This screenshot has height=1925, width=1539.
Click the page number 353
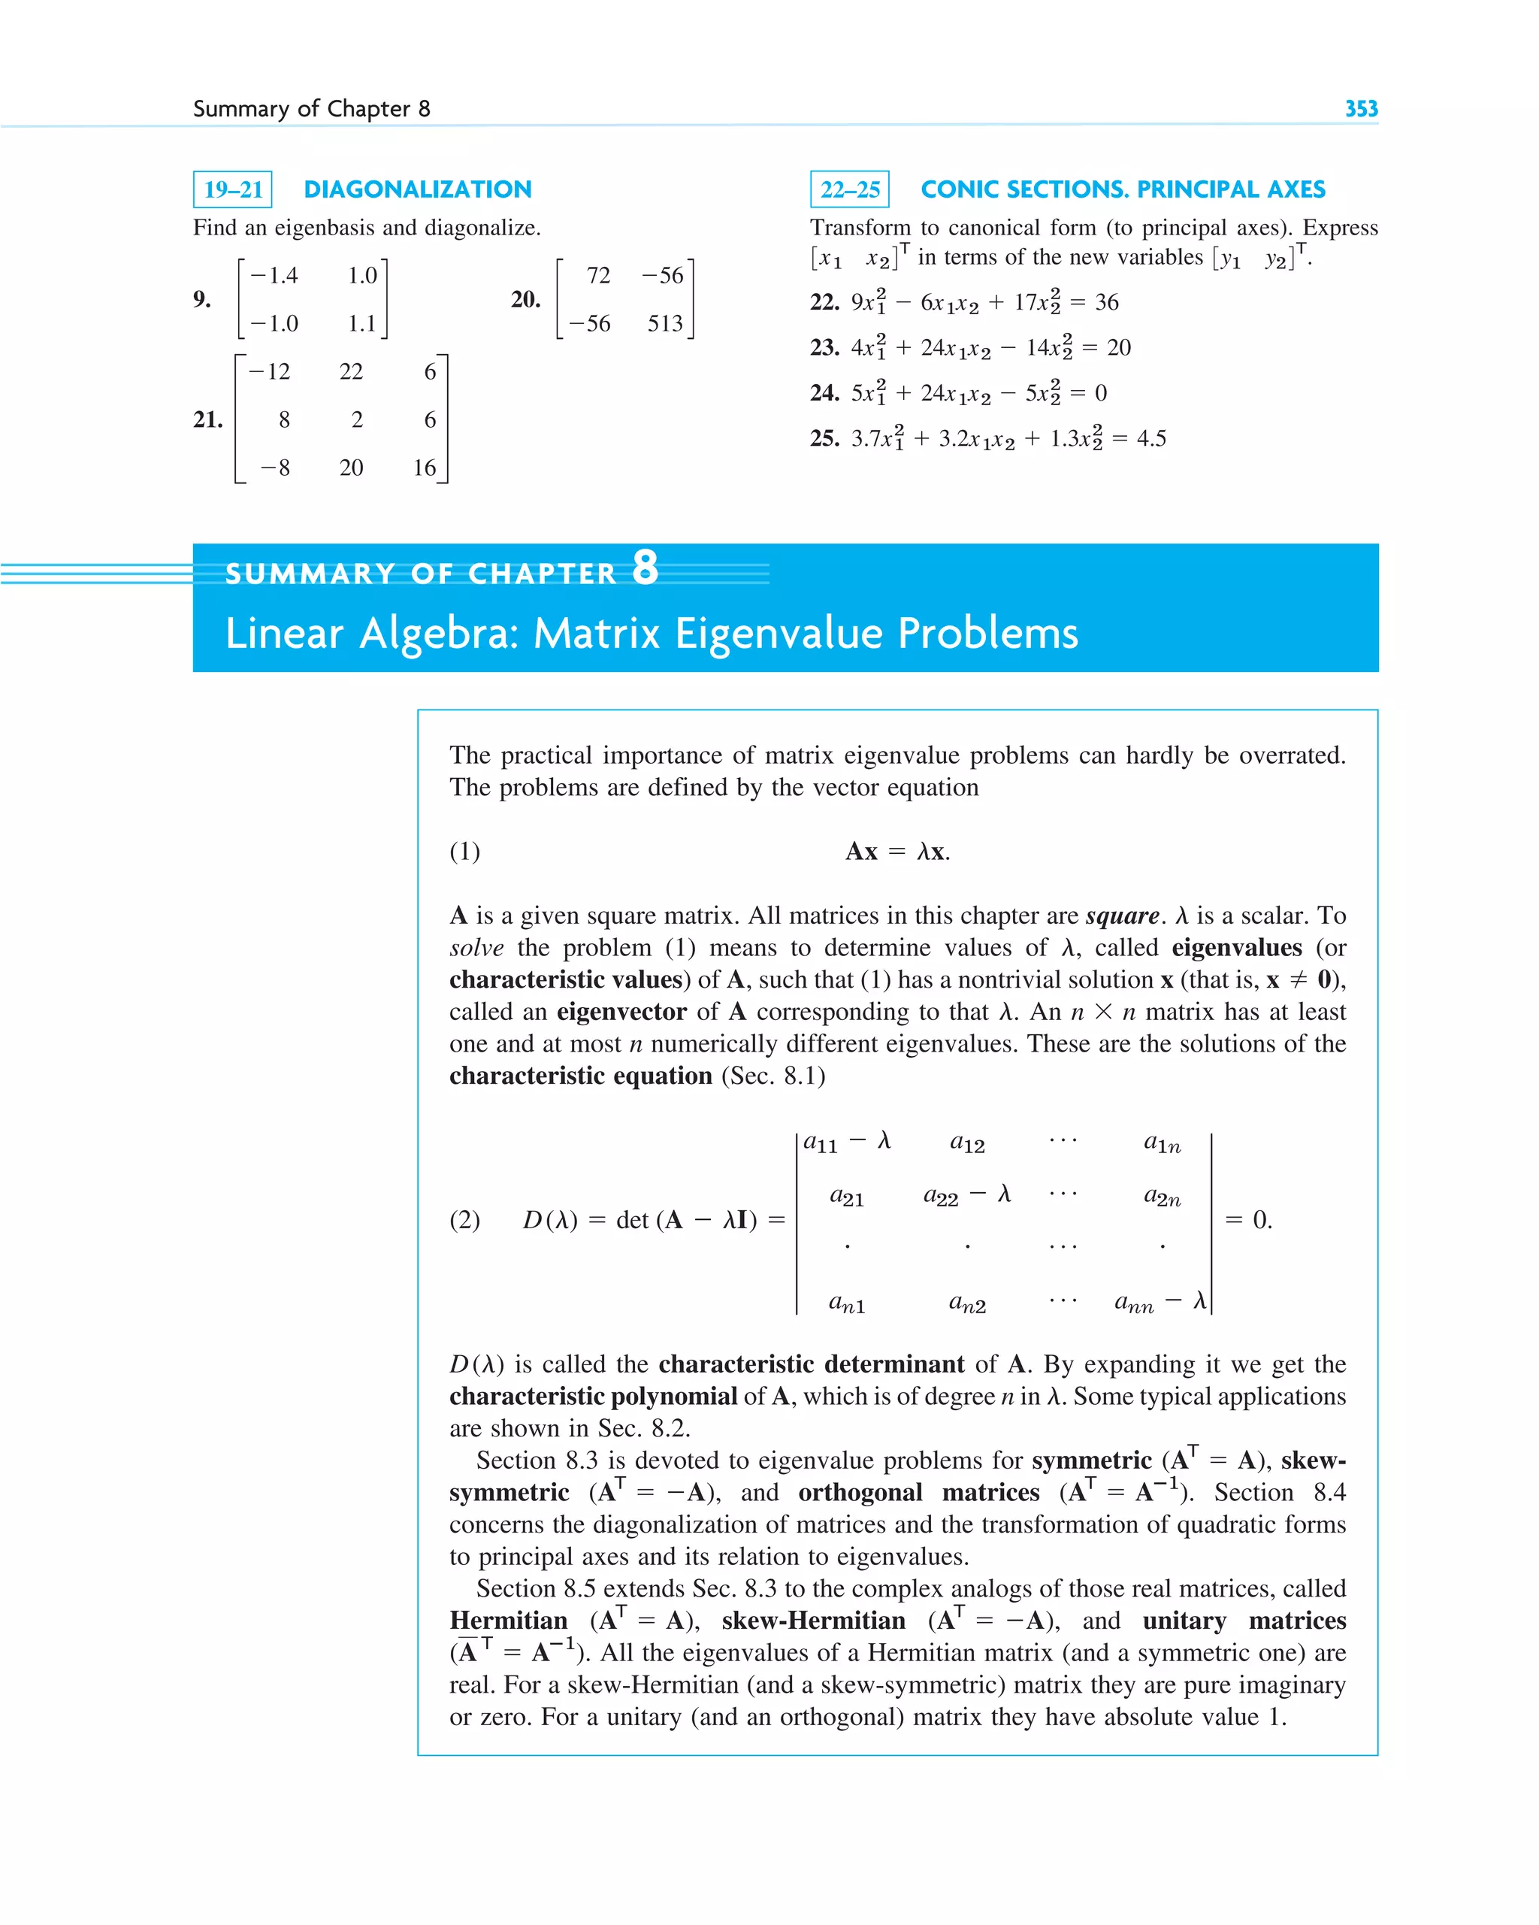click(x=1360, y=109)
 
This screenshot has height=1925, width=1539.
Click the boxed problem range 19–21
click(x=233, y=189)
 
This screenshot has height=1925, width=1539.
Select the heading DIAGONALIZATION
click(x=417, y=189)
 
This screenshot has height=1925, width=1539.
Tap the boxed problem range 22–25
click(x=849, y=189)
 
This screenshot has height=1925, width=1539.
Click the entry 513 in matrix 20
click(x=665, y=323)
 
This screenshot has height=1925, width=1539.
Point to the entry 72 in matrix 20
click(x=598, y=275)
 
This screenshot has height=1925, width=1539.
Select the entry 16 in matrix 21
click(x=425, y=468)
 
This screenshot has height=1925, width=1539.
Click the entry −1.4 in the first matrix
click(x=274, y=275)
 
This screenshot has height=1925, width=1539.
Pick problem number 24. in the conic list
click(x=824, y=393)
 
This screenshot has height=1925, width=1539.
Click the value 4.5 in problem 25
click(x=1151, y=438)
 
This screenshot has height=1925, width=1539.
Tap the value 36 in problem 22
click(x=1106, y=301)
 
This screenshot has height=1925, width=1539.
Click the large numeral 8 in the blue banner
click(x=645, y=568)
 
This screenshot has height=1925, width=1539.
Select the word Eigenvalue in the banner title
click(x=779, y=633)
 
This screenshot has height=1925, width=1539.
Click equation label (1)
click(x=464, y=851)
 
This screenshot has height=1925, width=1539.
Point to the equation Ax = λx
click(x=897, y=851)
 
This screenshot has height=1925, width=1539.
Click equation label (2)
click(x=464, y=1220)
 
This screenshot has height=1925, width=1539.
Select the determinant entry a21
click(x=846, y=1197)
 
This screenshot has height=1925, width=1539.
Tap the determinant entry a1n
click(x=1162, y=1143)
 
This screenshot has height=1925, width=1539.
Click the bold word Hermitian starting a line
click(x=508, y=1621)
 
